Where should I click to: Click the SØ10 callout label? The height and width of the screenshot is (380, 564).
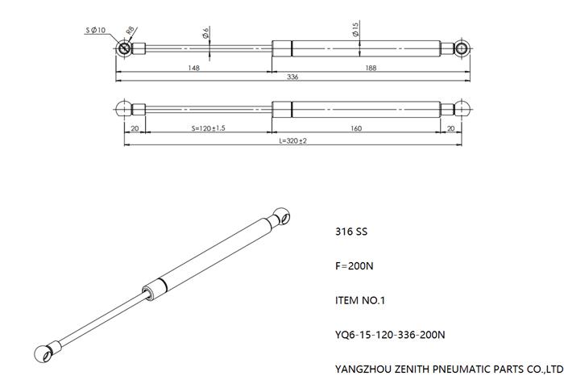coord(96,30)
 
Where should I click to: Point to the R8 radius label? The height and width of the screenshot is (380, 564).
coord(131,31)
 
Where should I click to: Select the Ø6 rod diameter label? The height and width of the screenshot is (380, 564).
coord(205,33)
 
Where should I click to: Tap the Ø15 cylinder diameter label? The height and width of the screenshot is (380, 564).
coord(355,29)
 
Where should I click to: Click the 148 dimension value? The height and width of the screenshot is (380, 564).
coord(194,68)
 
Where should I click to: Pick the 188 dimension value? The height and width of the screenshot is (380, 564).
coord(371,68)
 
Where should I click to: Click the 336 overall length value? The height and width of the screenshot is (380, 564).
coord(292,77)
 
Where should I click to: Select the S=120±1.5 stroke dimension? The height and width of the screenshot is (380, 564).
coord(208,128)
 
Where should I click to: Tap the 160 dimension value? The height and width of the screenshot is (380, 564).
coord(356,128)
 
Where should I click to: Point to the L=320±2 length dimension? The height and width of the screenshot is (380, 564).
coord(293,141)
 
